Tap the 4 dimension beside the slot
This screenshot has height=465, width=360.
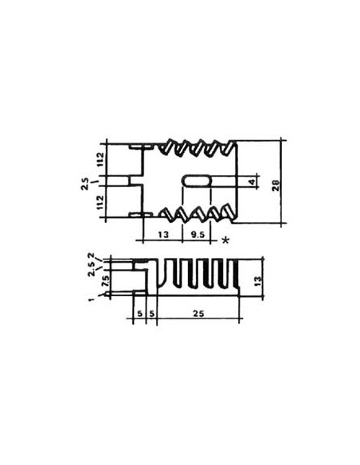[252, 182]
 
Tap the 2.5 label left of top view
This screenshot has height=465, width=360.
[85, 184]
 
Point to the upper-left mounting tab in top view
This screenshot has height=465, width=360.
[137, 148]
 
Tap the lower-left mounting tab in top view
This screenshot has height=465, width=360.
[137, 215]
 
